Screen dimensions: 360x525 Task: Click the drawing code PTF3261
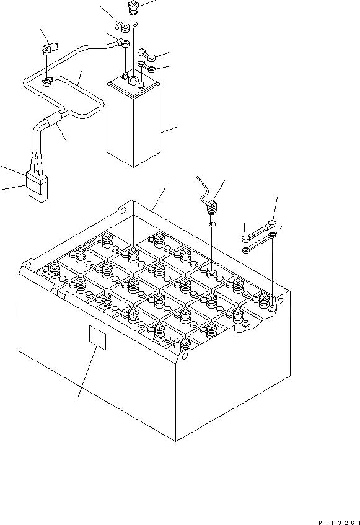point(339,522)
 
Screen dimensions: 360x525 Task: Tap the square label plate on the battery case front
point(97,337)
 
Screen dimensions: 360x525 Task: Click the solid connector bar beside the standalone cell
point(146,55)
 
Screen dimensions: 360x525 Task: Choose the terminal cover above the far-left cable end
point(49,48)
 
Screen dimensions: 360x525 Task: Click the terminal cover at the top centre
point(122,27)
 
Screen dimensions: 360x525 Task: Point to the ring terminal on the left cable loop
point(46,81)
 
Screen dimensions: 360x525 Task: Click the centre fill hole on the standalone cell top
point(133,80)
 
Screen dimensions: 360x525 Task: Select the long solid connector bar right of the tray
point(258,231)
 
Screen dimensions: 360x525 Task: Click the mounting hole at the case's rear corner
point(123,210)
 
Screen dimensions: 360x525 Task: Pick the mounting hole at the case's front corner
point(185,356)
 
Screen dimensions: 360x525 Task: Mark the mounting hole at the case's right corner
point(280,300)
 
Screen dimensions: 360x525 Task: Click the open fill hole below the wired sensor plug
point(211,274)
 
